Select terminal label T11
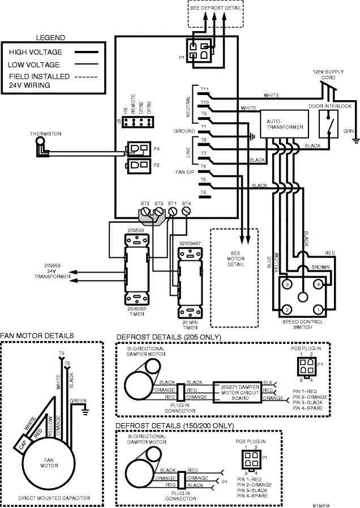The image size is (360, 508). pyautogui.click(x=204, y=89)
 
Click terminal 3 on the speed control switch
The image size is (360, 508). pyautogui.click(x=287, y=282)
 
